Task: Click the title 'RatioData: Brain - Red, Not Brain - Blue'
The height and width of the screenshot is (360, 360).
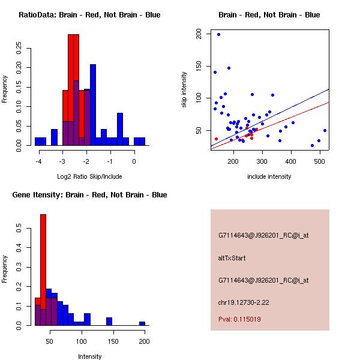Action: pyautogui.click(x=89, y=15)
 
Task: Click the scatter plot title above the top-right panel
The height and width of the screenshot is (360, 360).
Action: pyautogui.click(x=269, y=15)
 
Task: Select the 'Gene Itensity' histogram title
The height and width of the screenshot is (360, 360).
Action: pyautogui.click(x=89, y=195)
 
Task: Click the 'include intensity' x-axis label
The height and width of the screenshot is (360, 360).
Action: pyautogui.click(x=269, y=176)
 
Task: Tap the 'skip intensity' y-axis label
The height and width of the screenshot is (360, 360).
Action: pyautogui.click(x=184, y=90)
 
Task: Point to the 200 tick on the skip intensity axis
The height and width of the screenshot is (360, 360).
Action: pyautogui.click(x=199, y=34)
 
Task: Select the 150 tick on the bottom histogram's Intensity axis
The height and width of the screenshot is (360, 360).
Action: pyautogui.click(x=112, y=341)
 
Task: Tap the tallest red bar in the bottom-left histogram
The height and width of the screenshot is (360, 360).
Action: pyautogui.click(x=43, y=270)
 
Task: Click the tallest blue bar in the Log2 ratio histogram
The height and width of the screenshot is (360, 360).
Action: pyautogui.click(x=93, y=105)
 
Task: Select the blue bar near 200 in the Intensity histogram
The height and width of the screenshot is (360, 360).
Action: pyautogui.click(x=142, y=323)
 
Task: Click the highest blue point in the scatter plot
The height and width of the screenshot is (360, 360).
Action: pyautogui.click(x=218, y=34)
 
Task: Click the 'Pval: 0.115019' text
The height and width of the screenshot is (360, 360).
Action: pyautogui.click(x=239, y=319)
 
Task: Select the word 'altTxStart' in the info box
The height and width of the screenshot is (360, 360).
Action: pyautogui.click(x=232, y=258)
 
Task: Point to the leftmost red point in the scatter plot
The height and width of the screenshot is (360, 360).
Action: pyautogui.click(x=216, y=139)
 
